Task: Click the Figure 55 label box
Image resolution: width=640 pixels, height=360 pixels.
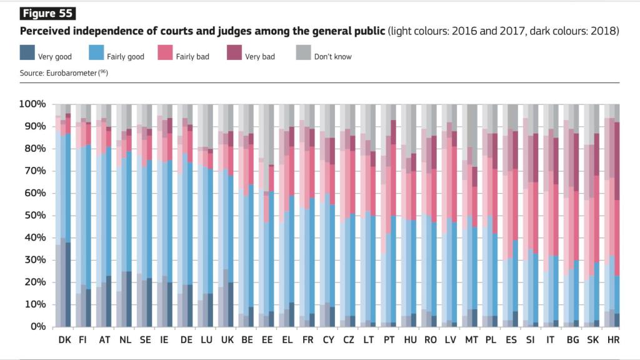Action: click(47, 13)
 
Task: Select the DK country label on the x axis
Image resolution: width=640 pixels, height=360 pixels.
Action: click(64, 341)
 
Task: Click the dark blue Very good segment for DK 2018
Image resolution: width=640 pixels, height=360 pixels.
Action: click(68, 284)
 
